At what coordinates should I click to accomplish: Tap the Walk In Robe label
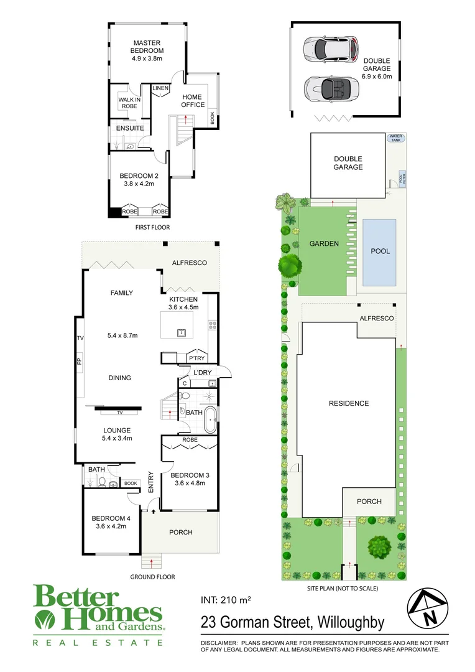coord(130,103)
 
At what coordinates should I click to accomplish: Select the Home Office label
coord(193,101)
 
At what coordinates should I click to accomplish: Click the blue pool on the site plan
coord(380,251)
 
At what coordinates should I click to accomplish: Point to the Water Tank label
coord(395,138)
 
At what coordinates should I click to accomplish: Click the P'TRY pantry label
coord(196,358)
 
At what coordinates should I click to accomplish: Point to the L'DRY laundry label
coord(203,373)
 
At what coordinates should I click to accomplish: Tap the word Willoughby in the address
coord(351,622)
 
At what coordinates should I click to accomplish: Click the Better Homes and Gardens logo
coord(98,614)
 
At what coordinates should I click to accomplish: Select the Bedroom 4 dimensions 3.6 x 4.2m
coord(111,526)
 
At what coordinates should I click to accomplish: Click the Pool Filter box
coord(401,179)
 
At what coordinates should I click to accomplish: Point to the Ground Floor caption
coord(152,577)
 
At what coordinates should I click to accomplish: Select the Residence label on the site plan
coord(349,403)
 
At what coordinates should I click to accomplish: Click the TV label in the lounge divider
coord(120,412)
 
